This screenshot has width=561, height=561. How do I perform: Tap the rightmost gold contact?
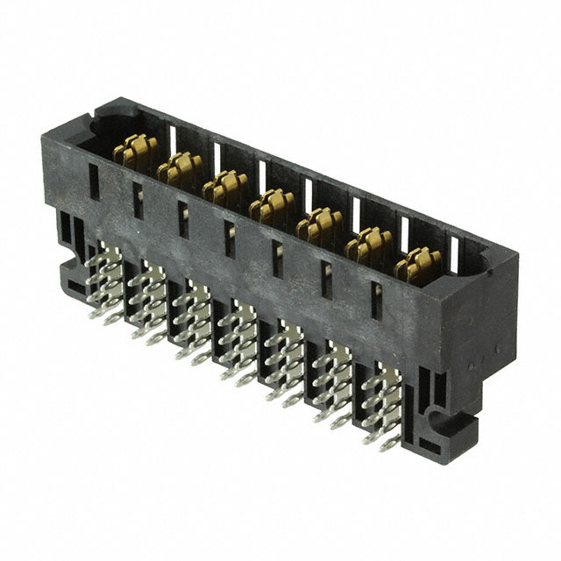[x=418, y=264]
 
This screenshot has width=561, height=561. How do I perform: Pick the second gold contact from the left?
[x=180, y=169]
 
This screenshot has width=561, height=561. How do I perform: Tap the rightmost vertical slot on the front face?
[x=373, y=302]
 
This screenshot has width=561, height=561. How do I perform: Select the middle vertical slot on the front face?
[x=228, y=236]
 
